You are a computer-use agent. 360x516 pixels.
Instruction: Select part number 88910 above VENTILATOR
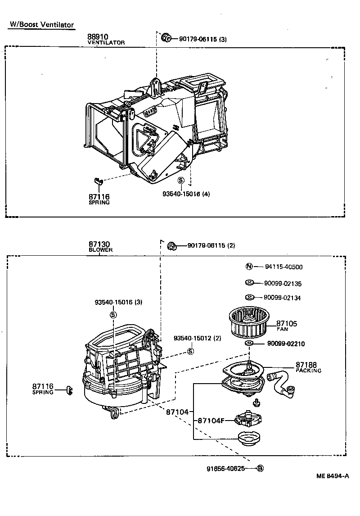(x=97, y=37)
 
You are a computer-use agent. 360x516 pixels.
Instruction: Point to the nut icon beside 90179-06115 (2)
(x=171, y=246)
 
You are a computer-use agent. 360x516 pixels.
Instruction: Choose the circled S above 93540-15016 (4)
(x=181, y=181)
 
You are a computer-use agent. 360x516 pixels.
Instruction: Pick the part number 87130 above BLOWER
(x=99, y=244)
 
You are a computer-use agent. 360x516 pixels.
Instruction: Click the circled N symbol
(x=249, y=266)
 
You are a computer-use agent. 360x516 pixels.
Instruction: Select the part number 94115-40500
(x=283, y=267)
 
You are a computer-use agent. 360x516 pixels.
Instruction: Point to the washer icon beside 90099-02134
(x=249, y=297)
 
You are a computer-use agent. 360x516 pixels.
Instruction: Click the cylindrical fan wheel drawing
(x=247, y=322)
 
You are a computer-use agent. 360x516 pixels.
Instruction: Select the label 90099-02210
(x=286, y=344)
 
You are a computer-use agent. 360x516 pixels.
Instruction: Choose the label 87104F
(x=210, y=421)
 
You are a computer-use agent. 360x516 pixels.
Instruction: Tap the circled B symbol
(x=260, y=468)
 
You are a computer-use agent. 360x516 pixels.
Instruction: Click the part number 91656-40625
(x=226, y=468)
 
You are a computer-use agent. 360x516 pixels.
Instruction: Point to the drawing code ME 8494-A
(x=333, y=476)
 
